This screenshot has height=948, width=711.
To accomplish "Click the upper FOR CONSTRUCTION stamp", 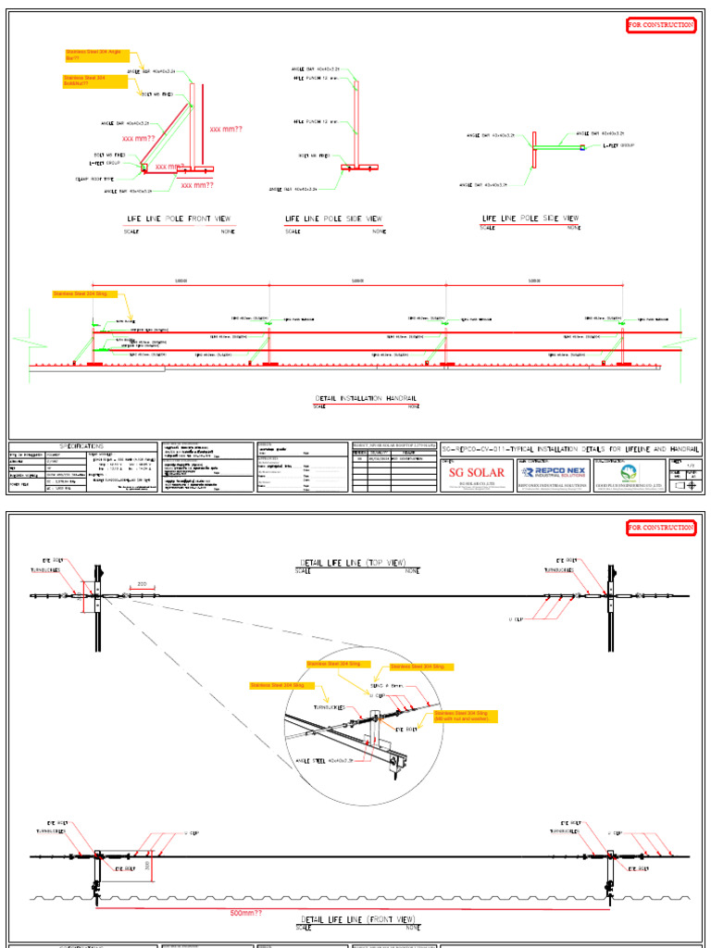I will pyautogui.click(x=660, y=25).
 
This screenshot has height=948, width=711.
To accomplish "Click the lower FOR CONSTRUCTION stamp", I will pyautogui.click(x=660, y=527).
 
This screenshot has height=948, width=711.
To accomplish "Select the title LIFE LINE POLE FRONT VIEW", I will pyautogui.click(x=181, y=219).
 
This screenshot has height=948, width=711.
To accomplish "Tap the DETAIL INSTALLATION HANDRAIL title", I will pyautogui.click(x=368, y=398).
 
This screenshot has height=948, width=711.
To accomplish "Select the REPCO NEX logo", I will pyautogui.click(x=552, y=470).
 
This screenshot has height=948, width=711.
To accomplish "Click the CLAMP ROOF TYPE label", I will pyautogui.click(x=94, y=179).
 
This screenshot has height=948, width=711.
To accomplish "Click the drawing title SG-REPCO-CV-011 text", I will pyautogui.click(x=569, y=447).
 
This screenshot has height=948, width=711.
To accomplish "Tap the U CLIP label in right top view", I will pyautogui.click(x=517, y=617).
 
